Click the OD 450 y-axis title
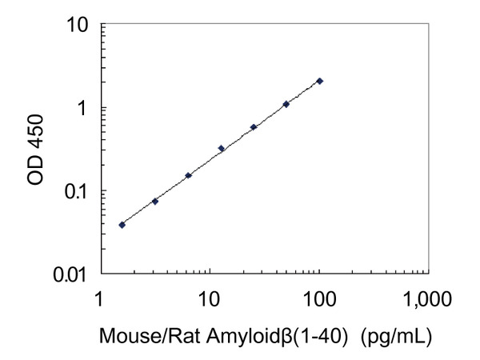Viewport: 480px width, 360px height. tap(35, 150)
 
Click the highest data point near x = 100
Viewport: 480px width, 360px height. tap(320, 81)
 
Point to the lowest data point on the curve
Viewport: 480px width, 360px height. tap(122, 225)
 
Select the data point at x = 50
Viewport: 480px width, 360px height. tap(286, 104)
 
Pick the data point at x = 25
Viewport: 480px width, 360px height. tap(254, 126)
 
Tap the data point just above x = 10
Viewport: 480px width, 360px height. tap(221, 148)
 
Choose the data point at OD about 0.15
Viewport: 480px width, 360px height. tap(188, 175)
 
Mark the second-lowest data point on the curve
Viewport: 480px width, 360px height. tap(154, 201)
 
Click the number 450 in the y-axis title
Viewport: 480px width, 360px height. tap(35, 132)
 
